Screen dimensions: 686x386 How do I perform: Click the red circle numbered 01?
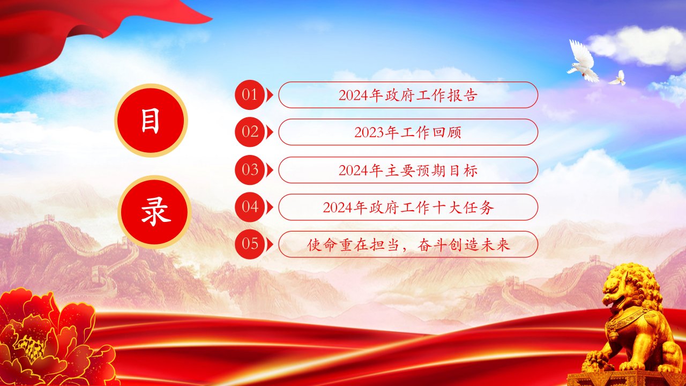tap(250, 95)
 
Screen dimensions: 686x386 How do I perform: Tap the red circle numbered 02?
tap(250, 132)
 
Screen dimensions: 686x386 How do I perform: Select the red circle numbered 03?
tap(250, 170)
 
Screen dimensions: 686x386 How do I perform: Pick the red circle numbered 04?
tap(250, 207)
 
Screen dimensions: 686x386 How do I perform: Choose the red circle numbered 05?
tap(250, 244)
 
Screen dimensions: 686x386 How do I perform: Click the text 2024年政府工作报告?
tap(408, 95)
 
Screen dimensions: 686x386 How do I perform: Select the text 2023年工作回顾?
tap(408, 132)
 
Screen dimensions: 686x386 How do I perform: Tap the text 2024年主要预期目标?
tap(408, 170)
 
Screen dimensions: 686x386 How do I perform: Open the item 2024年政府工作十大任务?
tap(408, 207)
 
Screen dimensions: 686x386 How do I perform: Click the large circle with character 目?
tap(151, 121)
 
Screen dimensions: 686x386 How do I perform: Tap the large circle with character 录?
tap(155, 212)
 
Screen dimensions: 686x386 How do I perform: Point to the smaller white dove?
tap(618, 78)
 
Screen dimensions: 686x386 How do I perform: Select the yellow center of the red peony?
tap(31, 348)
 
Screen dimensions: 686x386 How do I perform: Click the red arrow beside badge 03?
tap(270, 170)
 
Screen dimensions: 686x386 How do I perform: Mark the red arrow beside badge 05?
tap(270, 244)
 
